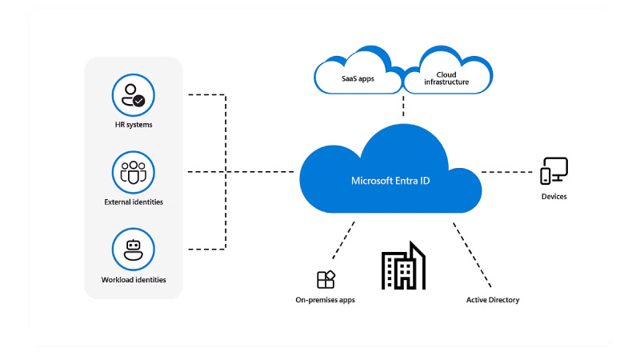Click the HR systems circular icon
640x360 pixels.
[133, 95]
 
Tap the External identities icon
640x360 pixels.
[133, 171]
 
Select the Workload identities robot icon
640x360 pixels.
[133, 250]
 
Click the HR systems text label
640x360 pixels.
[134, 125]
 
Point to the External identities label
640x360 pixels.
[134, 202]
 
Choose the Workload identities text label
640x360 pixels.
[134, 280]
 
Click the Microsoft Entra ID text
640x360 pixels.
[390, 181]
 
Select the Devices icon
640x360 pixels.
[554, 170]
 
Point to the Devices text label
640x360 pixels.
[553, 196]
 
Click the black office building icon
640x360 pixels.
[403, 266]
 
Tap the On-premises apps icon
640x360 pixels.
[326, 279]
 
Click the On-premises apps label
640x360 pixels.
[325, 300]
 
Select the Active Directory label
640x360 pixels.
[493, 300]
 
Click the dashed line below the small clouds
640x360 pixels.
[403, 106]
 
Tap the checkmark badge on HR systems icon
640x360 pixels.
[139, 102]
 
